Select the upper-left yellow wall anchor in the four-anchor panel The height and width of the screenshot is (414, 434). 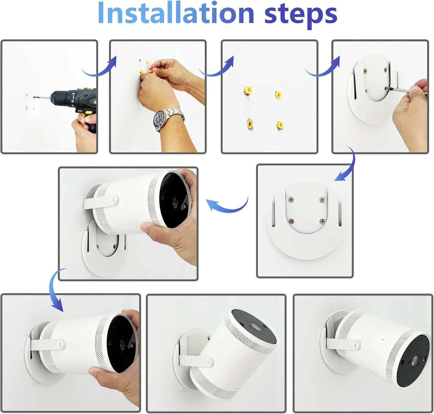(248, 90)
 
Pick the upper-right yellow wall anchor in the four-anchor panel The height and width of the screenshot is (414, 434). (278, 95)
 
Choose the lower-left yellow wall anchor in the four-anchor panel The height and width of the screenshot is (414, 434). (250, 124)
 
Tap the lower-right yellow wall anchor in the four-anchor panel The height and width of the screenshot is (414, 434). (280, 124)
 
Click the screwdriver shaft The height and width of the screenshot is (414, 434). (408, 91)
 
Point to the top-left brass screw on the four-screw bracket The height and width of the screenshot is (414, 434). (291, 200)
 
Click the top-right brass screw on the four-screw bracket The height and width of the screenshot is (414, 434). (322, 200)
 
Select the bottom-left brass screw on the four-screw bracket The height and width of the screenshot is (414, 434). (291, 221)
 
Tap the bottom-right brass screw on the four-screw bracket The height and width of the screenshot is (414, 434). (322, 221)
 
